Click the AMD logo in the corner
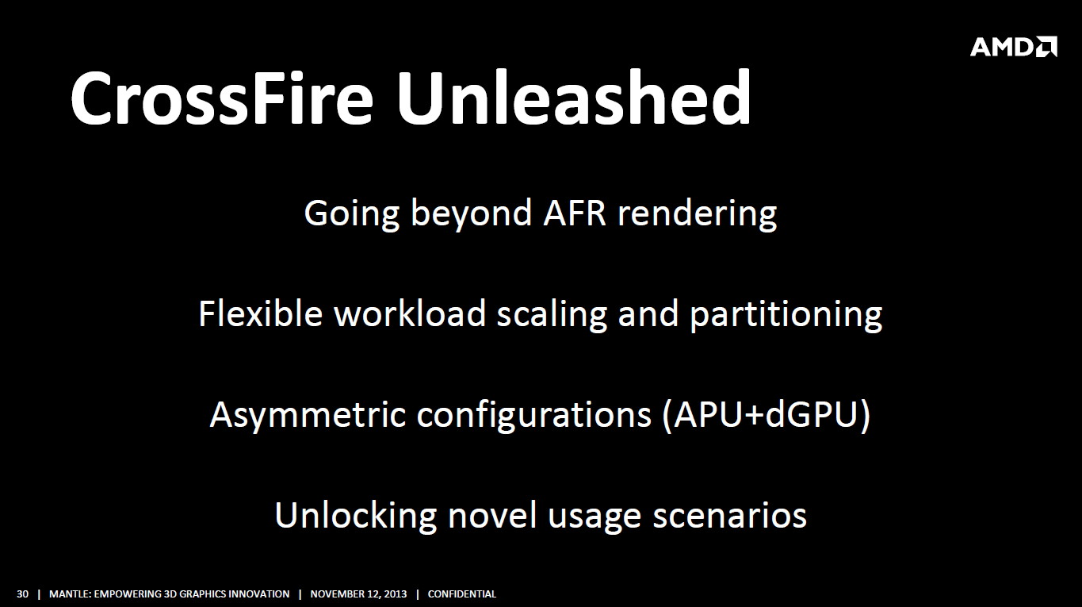point(1013,47)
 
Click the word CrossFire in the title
point(222,98)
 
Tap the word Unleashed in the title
point(574,97)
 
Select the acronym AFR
point(575,213)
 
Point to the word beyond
point(471,213)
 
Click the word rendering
point(698,215)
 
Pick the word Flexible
point(260,313)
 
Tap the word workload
point(410,313)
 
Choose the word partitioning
point(786,315)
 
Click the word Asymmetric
point(308,416)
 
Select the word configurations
point(533,416)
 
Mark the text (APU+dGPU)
point(767,415)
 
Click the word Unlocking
point(356,517)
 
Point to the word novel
point(492,516)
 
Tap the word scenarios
point(730,517)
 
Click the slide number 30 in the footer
point(23,594)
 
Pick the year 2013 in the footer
point(394,594)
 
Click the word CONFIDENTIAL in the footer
point(462,594)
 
